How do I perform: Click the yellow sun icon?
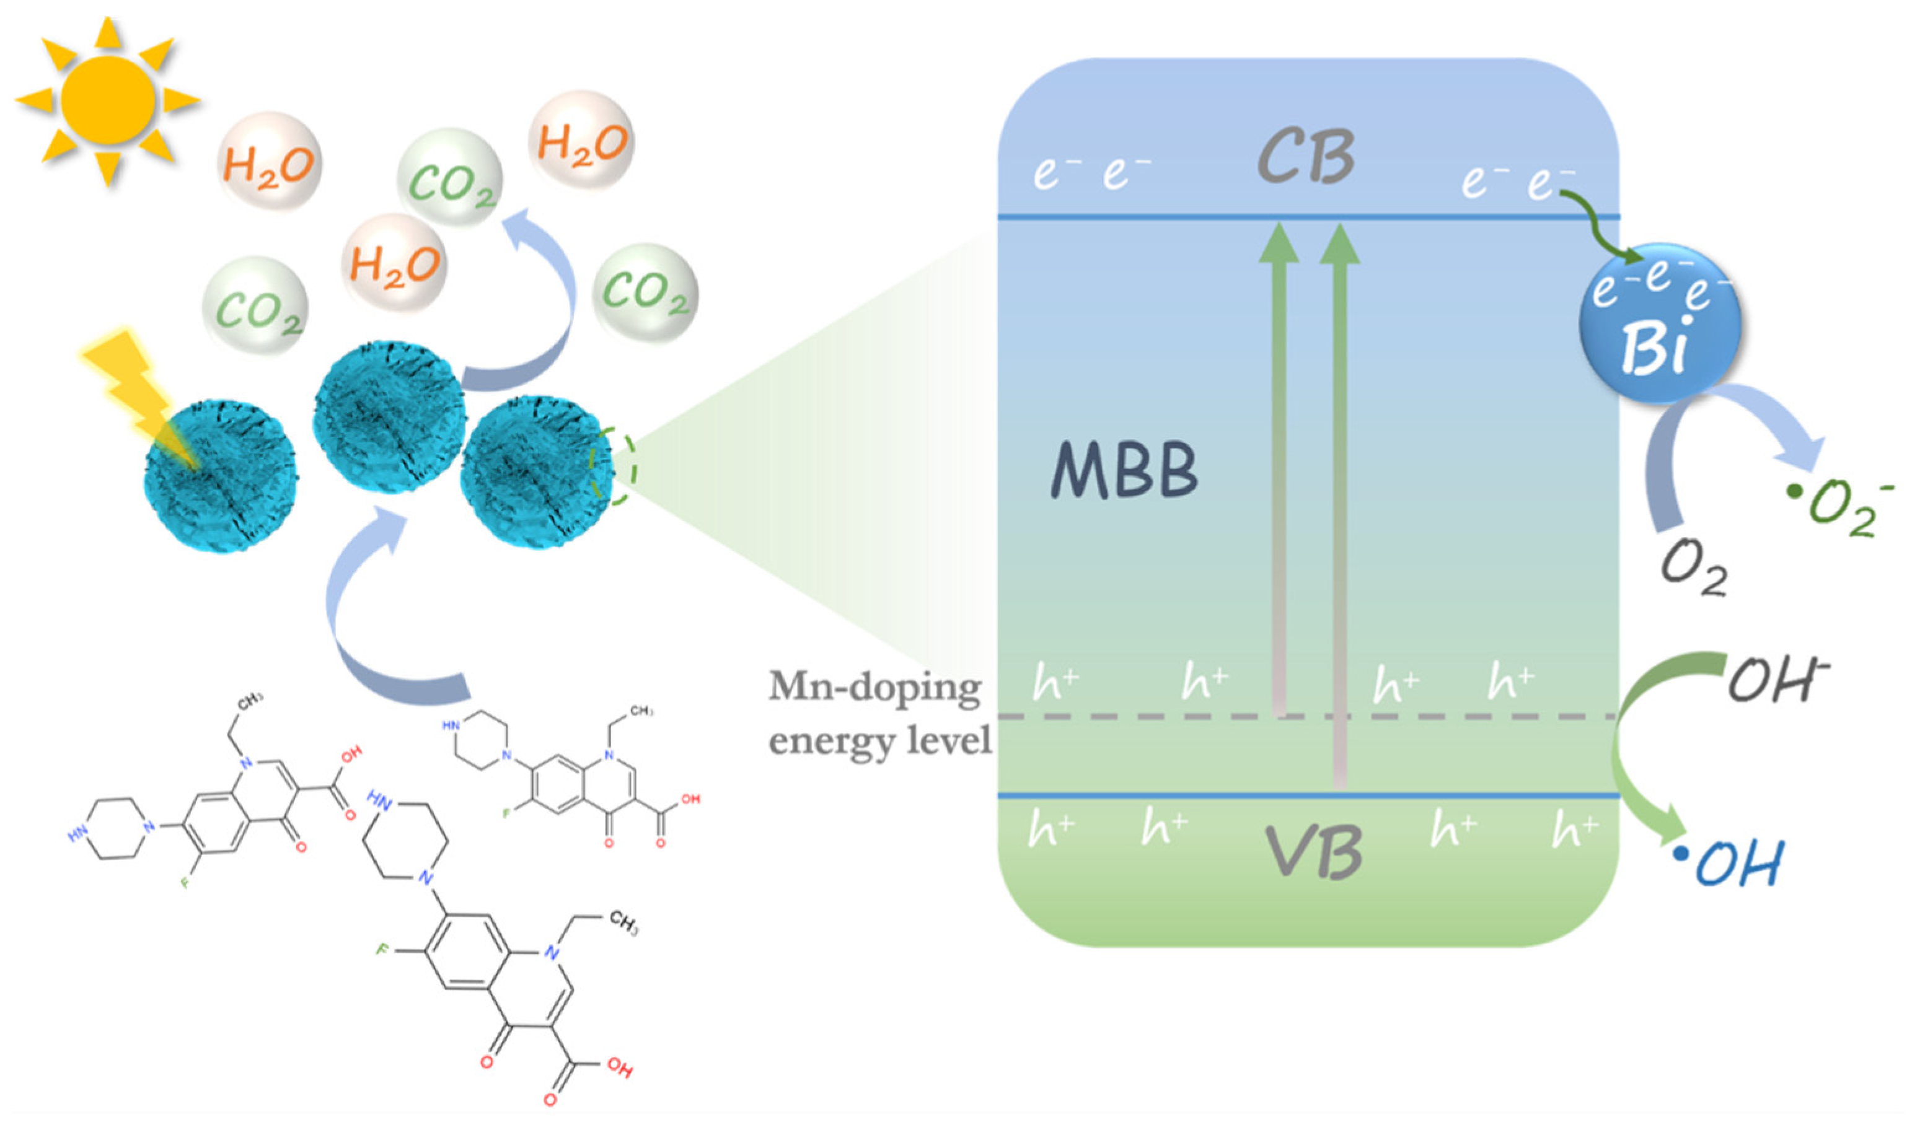[x=107, y=100]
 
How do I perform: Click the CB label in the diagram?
[x=1305, y=157]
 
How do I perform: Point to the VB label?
[x=1313, y=853]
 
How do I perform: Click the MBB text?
[x=1124, y=471]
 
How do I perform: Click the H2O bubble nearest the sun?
[x=269, y=163]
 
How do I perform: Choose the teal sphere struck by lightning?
[x=221, y=476]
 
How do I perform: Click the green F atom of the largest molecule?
[x=383, y=950]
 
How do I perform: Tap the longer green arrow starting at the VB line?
[x=1339, y=502]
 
